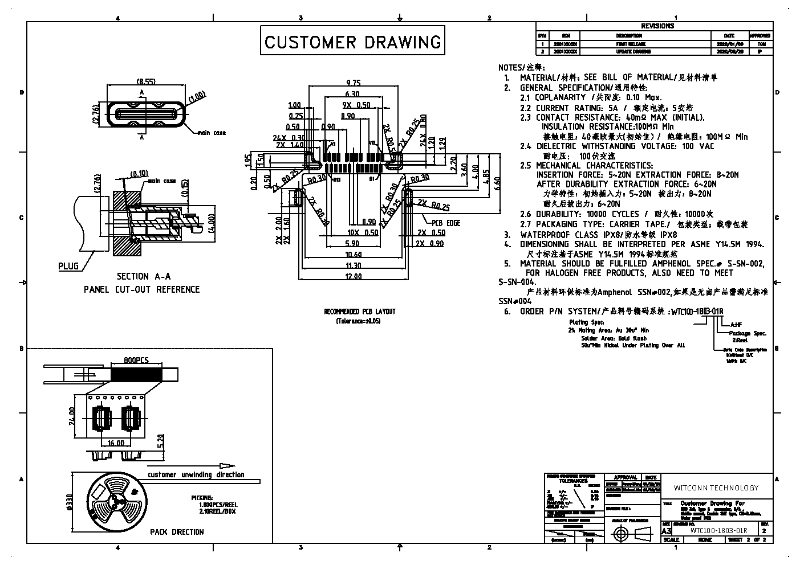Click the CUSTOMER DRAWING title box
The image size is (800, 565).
pyautogui.click(x=352, y=41)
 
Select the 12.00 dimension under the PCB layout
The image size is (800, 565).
pyautogui.click(x=354, y=277)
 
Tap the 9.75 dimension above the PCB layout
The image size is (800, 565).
pyautogui.click(x=354, y=83)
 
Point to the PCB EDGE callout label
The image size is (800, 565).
pyautogui.click(x=446, y=223)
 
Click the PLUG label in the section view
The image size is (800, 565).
pyautogui.click(x=68, y=266)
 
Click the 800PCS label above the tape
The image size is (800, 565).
pyautogui.click(x=136, y=360)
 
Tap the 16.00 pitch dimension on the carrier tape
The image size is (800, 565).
pyautogui.click(x=115, y=443)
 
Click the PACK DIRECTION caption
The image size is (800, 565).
pyautogui.click(x=177, y=532)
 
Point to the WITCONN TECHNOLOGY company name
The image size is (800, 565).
pyautogui.click(x=716, y=488)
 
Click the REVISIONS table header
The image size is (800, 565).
pyautogui.click(x=657, y=26)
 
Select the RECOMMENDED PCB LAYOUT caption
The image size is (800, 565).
pyautogui.click(x=359, y=312)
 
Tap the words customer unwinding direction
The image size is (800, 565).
pyautogui.click(x=196, y=474)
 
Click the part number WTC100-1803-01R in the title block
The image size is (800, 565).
pyautogui.click(x=718, y=530)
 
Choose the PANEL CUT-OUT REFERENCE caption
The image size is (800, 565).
pyautogui.click(x=142, y=289)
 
